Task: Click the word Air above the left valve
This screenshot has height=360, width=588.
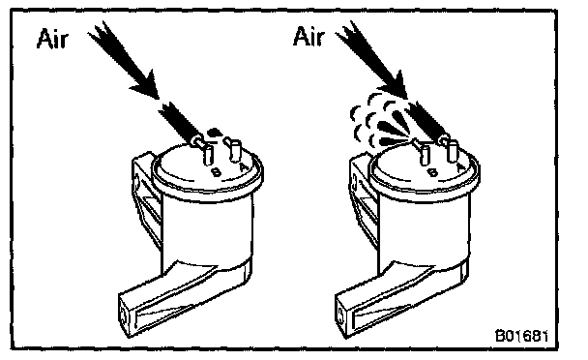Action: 52,39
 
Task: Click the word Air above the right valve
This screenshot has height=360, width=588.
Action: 309,37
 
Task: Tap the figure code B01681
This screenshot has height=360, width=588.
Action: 521,336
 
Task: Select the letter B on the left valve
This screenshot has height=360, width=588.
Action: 217,172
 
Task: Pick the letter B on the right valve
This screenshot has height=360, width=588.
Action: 432,172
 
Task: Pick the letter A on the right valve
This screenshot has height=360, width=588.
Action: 461,166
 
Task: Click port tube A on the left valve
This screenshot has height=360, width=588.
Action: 233,149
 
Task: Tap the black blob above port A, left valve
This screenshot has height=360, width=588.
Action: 214,132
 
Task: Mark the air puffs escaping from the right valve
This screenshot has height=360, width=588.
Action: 379,119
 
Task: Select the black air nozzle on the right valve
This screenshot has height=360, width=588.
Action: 426,120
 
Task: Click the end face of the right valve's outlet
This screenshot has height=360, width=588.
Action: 340,315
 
